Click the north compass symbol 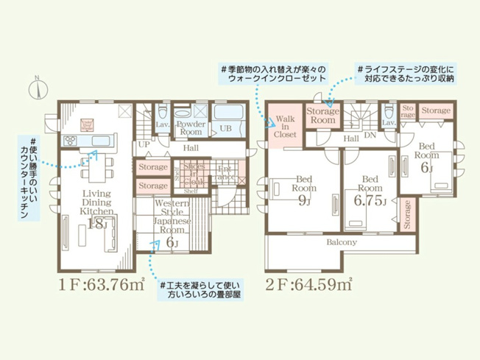point(35,88)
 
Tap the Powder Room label point(190,129)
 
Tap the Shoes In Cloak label point(194,174)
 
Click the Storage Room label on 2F point(322,116)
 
